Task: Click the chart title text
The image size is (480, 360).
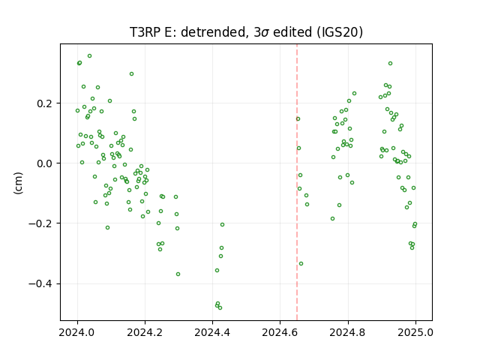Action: coord(246,32)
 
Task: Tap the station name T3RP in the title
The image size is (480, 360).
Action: coord(145,32)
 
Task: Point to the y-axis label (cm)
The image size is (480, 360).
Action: coord(18,183)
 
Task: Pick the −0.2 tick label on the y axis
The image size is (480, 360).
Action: coord(42,223)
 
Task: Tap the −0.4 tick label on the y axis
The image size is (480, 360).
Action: coord(42,284)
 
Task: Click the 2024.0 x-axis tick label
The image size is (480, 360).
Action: coord(77,332)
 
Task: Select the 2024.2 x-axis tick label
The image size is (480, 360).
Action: coord(145,332)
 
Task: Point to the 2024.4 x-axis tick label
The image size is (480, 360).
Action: coord(212,332)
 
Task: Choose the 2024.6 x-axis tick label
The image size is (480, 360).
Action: coord(280,332)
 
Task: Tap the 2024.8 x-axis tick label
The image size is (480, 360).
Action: coord(348,332)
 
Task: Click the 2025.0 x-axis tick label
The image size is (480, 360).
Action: coord(415,332)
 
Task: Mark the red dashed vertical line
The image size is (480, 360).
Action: coord(297,182)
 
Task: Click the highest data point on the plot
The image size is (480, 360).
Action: coord(90,56)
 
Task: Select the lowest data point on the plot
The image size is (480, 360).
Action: coord(220,307)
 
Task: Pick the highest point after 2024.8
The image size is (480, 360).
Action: coord(390,63)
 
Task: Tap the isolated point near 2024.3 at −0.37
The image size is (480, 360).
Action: coord(178,274)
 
